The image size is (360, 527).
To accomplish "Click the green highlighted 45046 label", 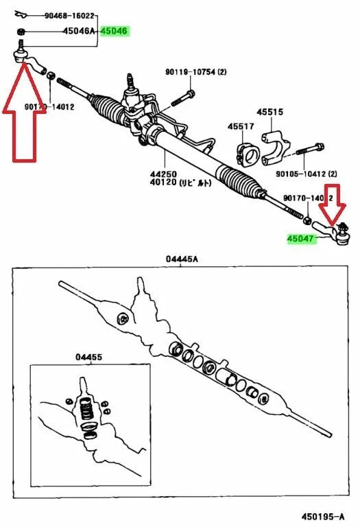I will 114,31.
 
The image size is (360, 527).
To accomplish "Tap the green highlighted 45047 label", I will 300,239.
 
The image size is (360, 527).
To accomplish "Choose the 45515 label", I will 270,111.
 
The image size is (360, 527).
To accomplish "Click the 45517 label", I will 240,126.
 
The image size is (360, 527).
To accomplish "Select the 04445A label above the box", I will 181,259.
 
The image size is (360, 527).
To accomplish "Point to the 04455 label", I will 88,357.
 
